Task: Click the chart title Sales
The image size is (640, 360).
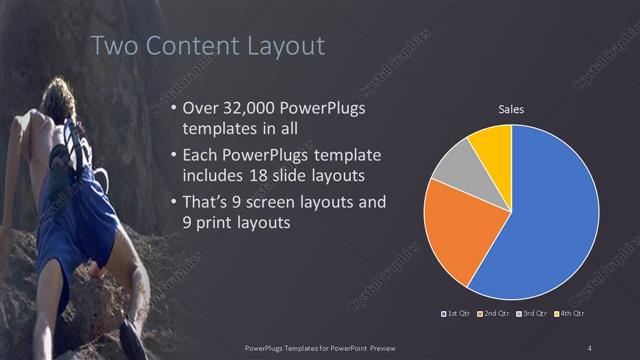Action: click(x=511, y=110)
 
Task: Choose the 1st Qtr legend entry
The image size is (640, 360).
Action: click(x=458, y=314)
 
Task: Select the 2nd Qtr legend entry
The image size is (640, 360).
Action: click(x=497, y=314)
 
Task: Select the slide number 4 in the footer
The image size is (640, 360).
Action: click(x=590, y=347)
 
